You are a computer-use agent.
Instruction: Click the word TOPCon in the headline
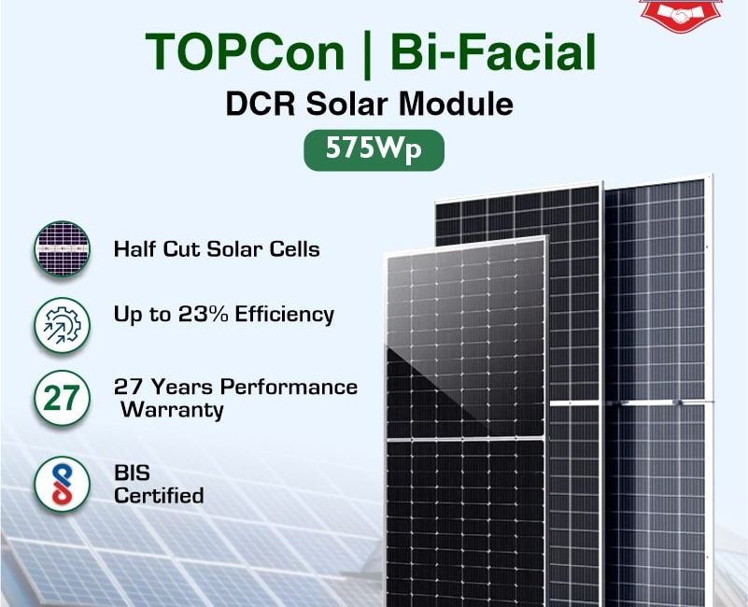tap(245, 51)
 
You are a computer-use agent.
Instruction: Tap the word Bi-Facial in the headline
tap(493, 51)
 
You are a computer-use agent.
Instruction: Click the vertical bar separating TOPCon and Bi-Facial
tap(367, 53)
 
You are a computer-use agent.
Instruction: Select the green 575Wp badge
tap(374, 149)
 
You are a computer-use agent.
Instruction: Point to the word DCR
tap(261, 104)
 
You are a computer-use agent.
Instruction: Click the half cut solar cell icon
tap(62, 249)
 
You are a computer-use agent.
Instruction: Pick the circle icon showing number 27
tap(62, 398)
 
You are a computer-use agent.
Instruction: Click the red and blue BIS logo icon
tap(62, 484)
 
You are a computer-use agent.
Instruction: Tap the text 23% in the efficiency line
tap(204, 314)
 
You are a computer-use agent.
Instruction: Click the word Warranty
tap(172, 410)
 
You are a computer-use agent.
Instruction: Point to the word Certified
tap(159, 495)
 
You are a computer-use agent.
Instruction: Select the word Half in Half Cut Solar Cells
tap(135, 249)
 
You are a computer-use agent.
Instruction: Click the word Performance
tap(289, 387)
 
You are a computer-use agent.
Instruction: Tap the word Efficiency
tap(284, 315)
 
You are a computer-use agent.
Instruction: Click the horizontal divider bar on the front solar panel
tap(466, 439)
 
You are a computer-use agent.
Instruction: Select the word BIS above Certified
tap(132, 473)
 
